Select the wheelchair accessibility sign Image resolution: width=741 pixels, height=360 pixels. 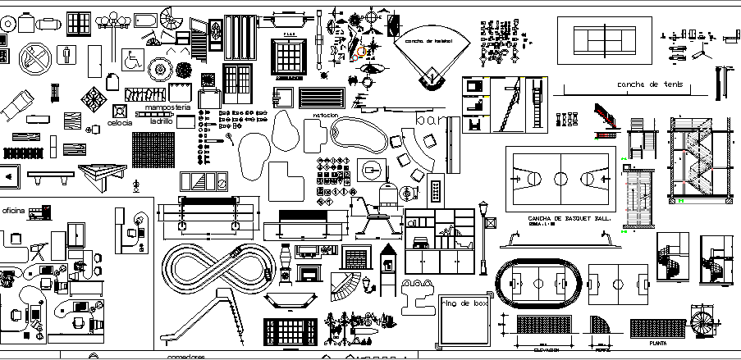click(x=131, y=59)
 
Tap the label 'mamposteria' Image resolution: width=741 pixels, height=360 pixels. click(x=167, y=107)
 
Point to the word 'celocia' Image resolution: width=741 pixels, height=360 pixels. click(x=120, y=123)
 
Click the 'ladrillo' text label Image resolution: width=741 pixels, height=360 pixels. click(x=161, y=120)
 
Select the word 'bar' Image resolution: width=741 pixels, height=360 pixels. click(x=430, y=121)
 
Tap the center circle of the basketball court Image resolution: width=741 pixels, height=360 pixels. click(x=560, y=179)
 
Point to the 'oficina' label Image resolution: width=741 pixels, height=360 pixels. click(x=13, y=211)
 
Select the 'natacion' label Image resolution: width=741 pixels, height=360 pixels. click(x=325, y=116)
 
